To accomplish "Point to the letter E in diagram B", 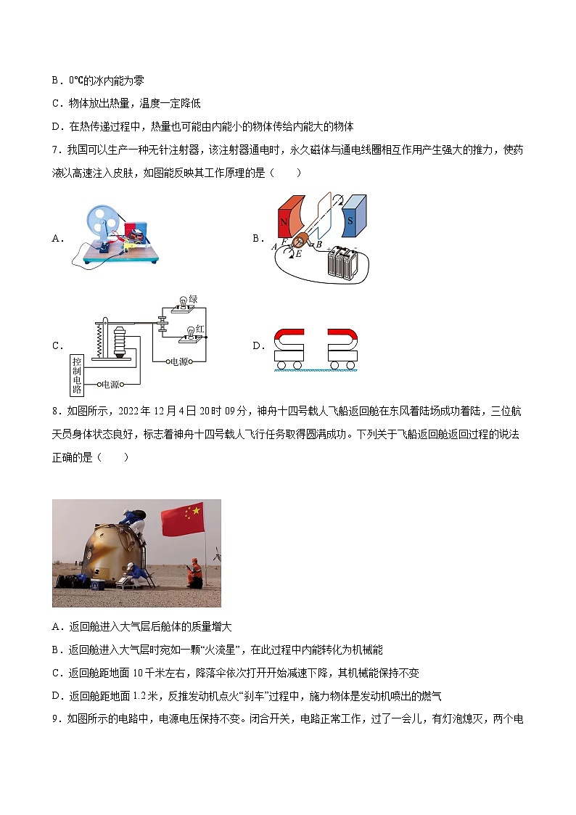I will point(297,254).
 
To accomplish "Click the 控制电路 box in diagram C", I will point(77,374).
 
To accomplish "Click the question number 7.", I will point(55,150).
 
